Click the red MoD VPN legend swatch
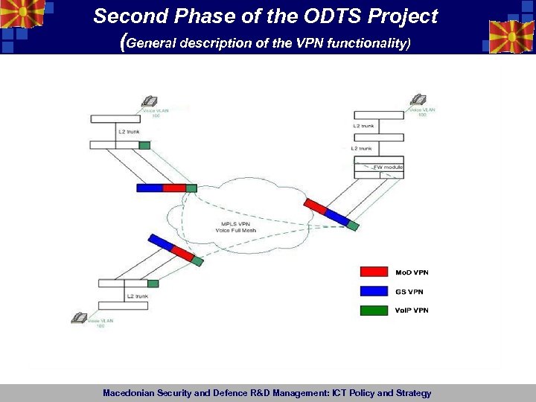tap(374, 272)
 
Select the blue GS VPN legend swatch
tap(374, 292)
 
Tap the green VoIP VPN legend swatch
tap(374, 310)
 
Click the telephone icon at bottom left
tap(80, 317)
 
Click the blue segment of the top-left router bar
tap(149, 188)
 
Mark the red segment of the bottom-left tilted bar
tap(182, 253)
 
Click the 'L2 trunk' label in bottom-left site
tap(137, 296)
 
